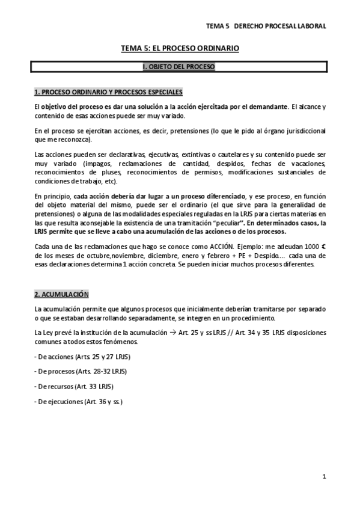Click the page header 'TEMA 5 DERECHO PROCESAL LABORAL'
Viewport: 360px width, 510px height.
click(266, 26)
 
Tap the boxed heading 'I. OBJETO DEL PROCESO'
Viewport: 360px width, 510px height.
click(179, 67)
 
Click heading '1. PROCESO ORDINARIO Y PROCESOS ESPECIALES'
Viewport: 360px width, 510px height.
click(108, 92)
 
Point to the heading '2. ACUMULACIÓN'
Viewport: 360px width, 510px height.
click(61, 294)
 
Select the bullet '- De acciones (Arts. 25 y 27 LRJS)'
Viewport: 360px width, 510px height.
click(82, 357)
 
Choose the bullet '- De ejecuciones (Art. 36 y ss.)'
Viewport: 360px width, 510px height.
click(79, 401)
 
